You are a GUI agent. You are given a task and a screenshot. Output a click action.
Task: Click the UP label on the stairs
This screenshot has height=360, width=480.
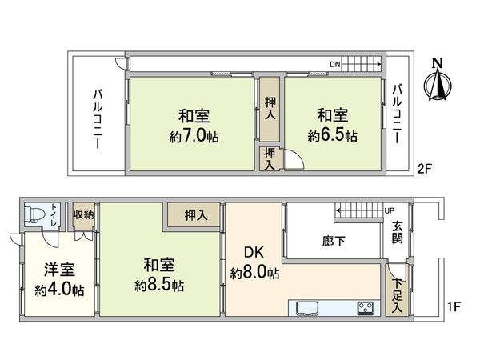click(390, 210)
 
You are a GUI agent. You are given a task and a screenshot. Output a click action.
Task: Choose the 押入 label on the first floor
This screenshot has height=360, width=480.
click(196, 214)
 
